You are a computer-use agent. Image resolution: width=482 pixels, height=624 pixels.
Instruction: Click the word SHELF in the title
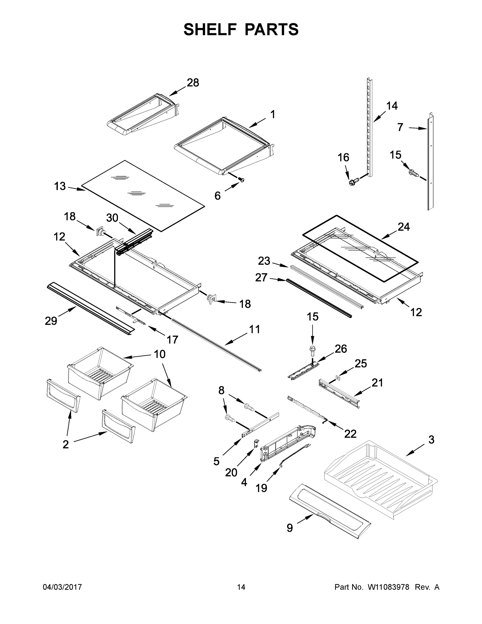pos(210,29)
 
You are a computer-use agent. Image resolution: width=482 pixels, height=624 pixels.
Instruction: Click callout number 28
pos(193,83)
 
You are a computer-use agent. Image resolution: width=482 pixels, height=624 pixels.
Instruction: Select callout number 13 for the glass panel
pos(60,186)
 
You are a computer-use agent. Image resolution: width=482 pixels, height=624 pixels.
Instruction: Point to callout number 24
pos(404,227)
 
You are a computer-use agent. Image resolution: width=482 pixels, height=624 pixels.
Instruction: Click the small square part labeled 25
pos(338,378)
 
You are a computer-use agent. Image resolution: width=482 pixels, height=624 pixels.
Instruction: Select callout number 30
pos(112,218)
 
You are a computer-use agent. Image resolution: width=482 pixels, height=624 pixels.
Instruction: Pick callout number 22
pos(350,434)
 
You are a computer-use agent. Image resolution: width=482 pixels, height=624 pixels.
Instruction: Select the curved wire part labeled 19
pos(295,456)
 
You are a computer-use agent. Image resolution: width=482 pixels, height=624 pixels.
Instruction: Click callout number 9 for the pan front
pos(289,528)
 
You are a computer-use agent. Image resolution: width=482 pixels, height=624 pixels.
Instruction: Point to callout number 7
pos(400,127)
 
